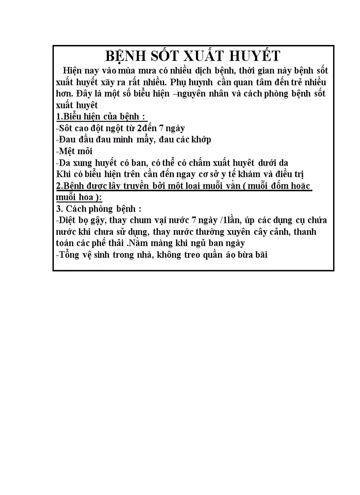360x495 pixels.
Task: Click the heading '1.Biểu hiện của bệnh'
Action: (x=101, y=117)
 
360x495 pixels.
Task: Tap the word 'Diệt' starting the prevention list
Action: (x=68, y=220)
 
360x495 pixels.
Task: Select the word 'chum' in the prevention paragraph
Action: (x=150, y=220)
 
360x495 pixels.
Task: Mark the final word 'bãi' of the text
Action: (x=260, y=254)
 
